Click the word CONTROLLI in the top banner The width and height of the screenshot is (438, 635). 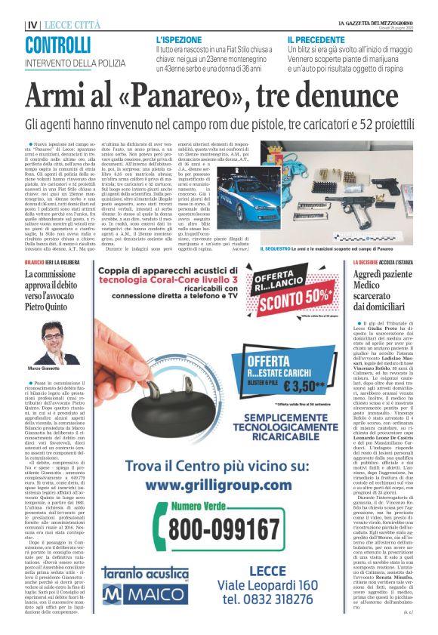point(58,45)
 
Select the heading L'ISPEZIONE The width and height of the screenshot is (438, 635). point(178,38)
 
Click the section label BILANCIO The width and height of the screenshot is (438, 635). point(36,261)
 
